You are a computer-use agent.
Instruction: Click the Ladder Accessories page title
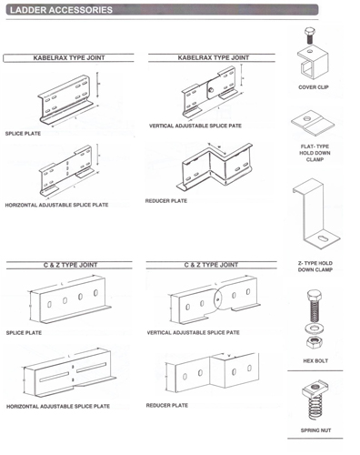click(61, 10)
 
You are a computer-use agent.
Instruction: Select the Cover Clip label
click(314, 87)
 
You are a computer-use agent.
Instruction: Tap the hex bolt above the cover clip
click(309, 35)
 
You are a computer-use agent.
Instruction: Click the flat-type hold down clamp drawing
click(313, 124)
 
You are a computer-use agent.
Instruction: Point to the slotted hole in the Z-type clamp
click(323, 239)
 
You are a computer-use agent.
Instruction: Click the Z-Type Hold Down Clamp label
click(315, 267)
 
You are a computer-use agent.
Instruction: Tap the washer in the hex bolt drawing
click(315, 329)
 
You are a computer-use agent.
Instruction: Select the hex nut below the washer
click(315, 342)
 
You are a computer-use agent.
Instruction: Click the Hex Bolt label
click(315, 360)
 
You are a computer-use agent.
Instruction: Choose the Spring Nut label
click(315, 430)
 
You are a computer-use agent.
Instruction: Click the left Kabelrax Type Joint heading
click(69, 57)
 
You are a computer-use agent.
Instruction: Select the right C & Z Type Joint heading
click(211, 265)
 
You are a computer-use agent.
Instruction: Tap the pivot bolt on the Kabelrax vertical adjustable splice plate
click(211, 89)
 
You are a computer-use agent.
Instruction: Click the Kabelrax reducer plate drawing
click(215, 167)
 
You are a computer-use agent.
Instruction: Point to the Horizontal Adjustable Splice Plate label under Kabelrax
click(56, 205)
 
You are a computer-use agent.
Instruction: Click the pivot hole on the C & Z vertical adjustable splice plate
click(217, 300)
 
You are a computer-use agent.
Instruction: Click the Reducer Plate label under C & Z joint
click(167, 405)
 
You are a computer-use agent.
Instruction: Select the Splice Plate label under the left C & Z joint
click(24, 333)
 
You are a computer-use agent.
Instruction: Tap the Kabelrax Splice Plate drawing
click(66, 99)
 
